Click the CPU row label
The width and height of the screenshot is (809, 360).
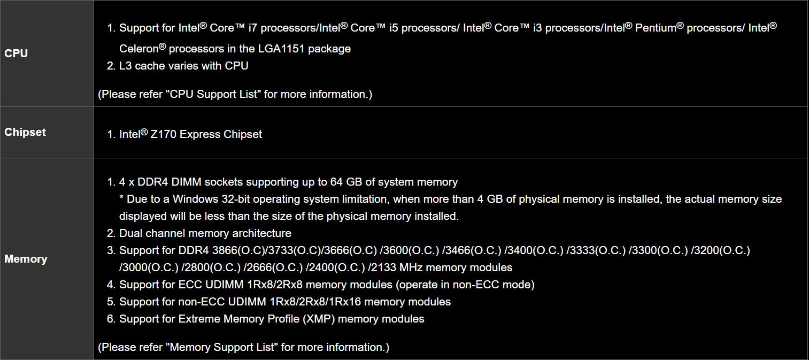coord(16,53)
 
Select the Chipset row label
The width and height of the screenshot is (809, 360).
coord(25,132)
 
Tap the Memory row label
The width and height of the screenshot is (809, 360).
coord(26,259)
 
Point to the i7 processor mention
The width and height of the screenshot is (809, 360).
coord(253,28)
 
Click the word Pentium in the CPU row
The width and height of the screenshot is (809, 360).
coord(656,28)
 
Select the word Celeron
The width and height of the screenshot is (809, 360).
coord(138,49)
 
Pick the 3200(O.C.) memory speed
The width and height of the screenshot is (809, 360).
coord(722,250)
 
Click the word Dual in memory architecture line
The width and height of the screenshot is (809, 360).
coord(131,233)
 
